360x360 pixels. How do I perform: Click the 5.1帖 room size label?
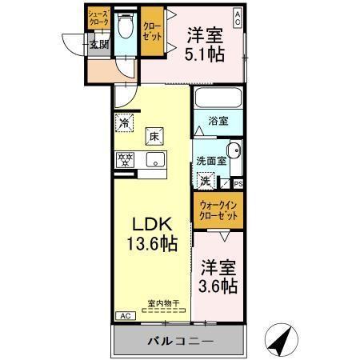206,54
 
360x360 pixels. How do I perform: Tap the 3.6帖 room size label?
218,285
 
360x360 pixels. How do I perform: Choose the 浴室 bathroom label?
218,122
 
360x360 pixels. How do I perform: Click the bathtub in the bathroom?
218,101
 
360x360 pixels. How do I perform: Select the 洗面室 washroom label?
211,160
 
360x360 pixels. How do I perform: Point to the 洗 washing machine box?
206,180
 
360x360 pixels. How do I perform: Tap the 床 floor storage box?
153,136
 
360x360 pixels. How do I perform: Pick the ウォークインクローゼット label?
217,210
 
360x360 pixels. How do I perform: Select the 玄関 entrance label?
98,45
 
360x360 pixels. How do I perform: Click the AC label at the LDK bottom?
124,316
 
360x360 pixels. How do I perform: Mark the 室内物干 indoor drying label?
162,303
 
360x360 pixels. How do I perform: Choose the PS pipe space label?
238,183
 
